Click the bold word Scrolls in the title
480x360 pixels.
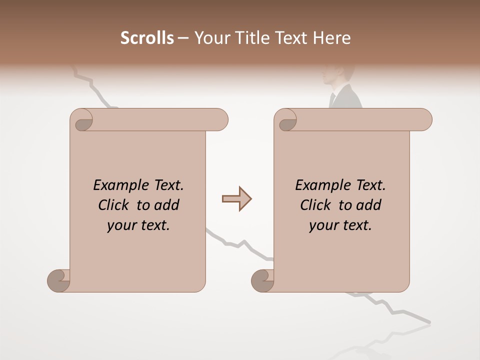(x=147, y=38)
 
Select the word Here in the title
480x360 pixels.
(x=333, y=38)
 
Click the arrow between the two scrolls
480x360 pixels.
(x=236, y=198)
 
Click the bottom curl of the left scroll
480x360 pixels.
(x=58, y=280)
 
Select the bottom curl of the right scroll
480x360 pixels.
(x=262, y=280)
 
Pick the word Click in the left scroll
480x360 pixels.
(x=114, y=205)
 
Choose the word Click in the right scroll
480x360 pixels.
(x=316, y=205)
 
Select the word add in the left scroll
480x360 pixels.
(x=167, y=205)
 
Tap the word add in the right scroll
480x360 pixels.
(x=369, y=205)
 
